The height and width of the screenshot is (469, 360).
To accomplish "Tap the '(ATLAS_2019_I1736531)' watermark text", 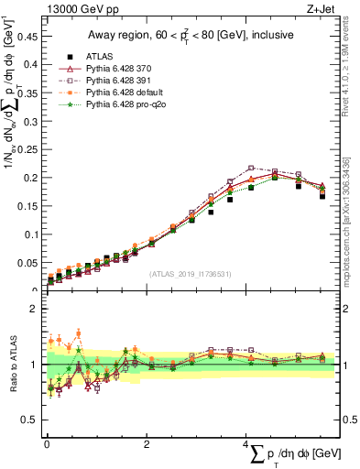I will coord(189,274).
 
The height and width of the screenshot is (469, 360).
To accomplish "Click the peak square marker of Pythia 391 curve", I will coord(251,168).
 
